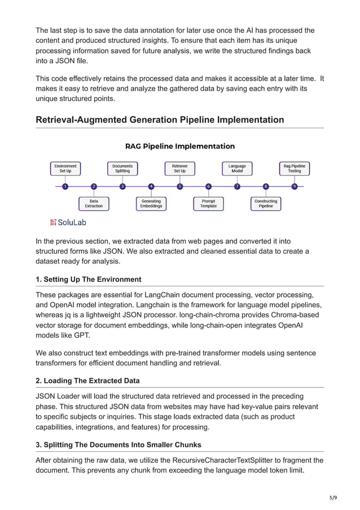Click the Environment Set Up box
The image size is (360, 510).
click(65, 168)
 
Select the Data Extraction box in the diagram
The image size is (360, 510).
click(94, 203)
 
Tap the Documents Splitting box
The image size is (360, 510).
click(122, 168)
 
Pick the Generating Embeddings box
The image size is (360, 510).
click(151, 203)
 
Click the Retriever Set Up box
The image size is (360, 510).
click(180, 168)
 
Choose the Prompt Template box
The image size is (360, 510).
click(208, 203)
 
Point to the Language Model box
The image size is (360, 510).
click(237, 168)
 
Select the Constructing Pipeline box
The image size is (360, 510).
click(266, 203)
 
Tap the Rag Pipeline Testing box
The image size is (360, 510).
click(295, 168)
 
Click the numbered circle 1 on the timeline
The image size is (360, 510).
click(65, 186)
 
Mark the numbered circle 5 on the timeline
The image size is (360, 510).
click(180, 186)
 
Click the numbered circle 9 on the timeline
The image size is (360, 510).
click(295, 186)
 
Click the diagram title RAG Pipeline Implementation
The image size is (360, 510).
click(180, 146)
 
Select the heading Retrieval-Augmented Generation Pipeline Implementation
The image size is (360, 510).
click(160, 120)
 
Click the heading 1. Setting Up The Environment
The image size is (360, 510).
click(89, 280)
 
